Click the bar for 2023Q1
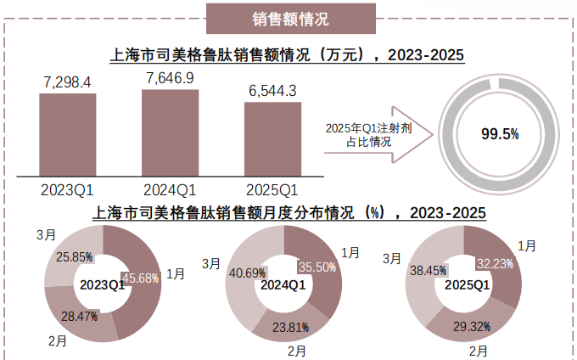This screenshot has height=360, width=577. [x=68, y=134]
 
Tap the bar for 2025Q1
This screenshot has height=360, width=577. [x=272, y=138]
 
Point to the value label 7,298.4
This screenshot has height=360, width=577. [x=67, y=82]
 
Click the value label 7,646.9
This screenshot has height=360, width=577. [x=171, y=78]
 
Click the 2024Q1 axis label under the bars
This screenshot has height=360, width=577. [x=171, y=188]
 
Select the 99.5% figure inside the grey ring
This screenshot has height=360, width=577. [x=500, y=134]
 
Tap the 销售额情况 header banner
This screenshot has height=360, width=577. [x=291, y=18]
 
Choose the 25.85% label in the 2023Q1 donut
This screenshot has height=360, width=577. [x=74, y=256]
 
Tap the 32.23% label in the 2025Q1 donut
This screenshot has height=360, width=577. [x=496, y=264]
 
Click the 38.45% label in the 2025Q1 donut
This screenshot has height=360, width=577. [x=427, y=271]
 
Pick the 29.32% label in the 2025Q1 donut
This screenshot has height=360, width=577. [x=469, y=325]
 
